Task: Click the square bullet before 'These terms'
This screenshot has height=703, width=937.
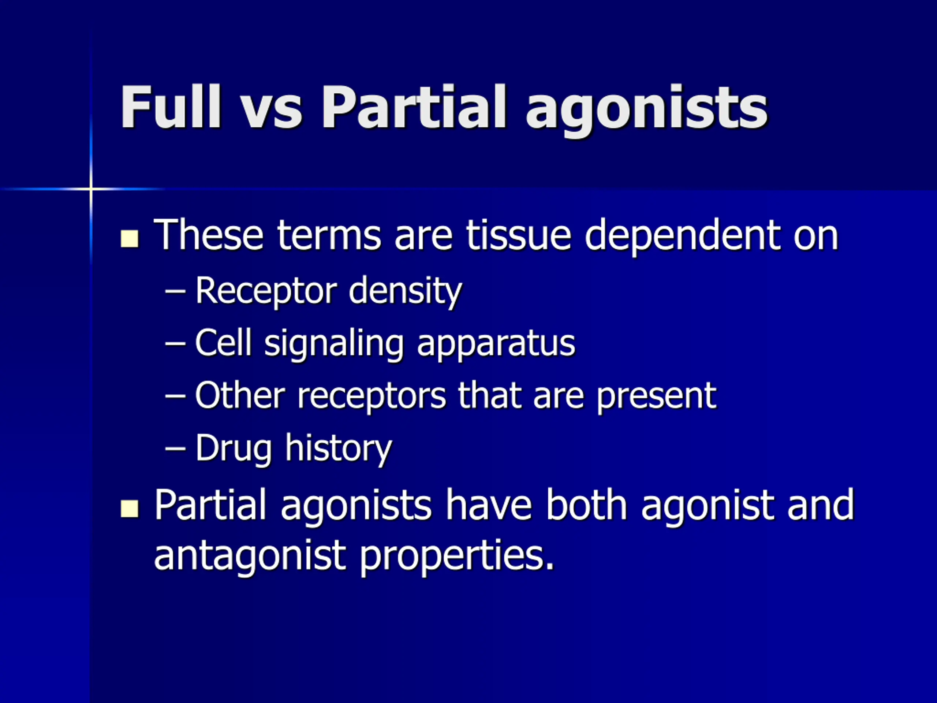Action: point(130,239)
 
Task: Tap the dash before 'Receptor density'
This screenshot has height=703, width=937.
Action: point(175,291)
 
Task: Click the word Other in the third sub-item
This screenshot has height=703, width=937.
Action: point(240,395)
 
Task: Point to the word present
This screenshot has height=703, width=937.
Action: point(656,397)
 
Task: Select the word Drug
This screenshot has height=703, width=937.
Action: point(234,449)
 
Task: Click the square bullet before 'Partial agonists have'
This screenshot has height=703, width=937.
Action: point(130,509)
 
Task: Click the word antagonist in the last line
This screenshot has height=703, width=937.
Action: point(250,556)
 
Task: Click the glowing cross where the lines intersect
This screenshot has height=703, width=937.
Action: point(91,189)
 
